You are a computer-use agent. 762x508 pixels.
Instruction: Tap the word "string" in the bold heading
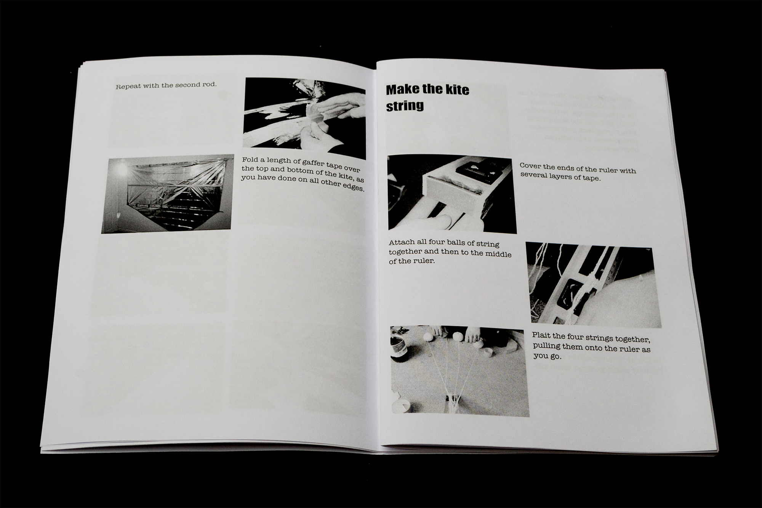tap(405, 106)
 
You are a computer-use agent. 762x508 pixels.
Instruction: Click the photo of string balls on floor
tap(459, 371)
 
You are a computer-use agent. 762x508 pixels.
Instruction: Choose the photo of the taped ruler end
tap(452, 194)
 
